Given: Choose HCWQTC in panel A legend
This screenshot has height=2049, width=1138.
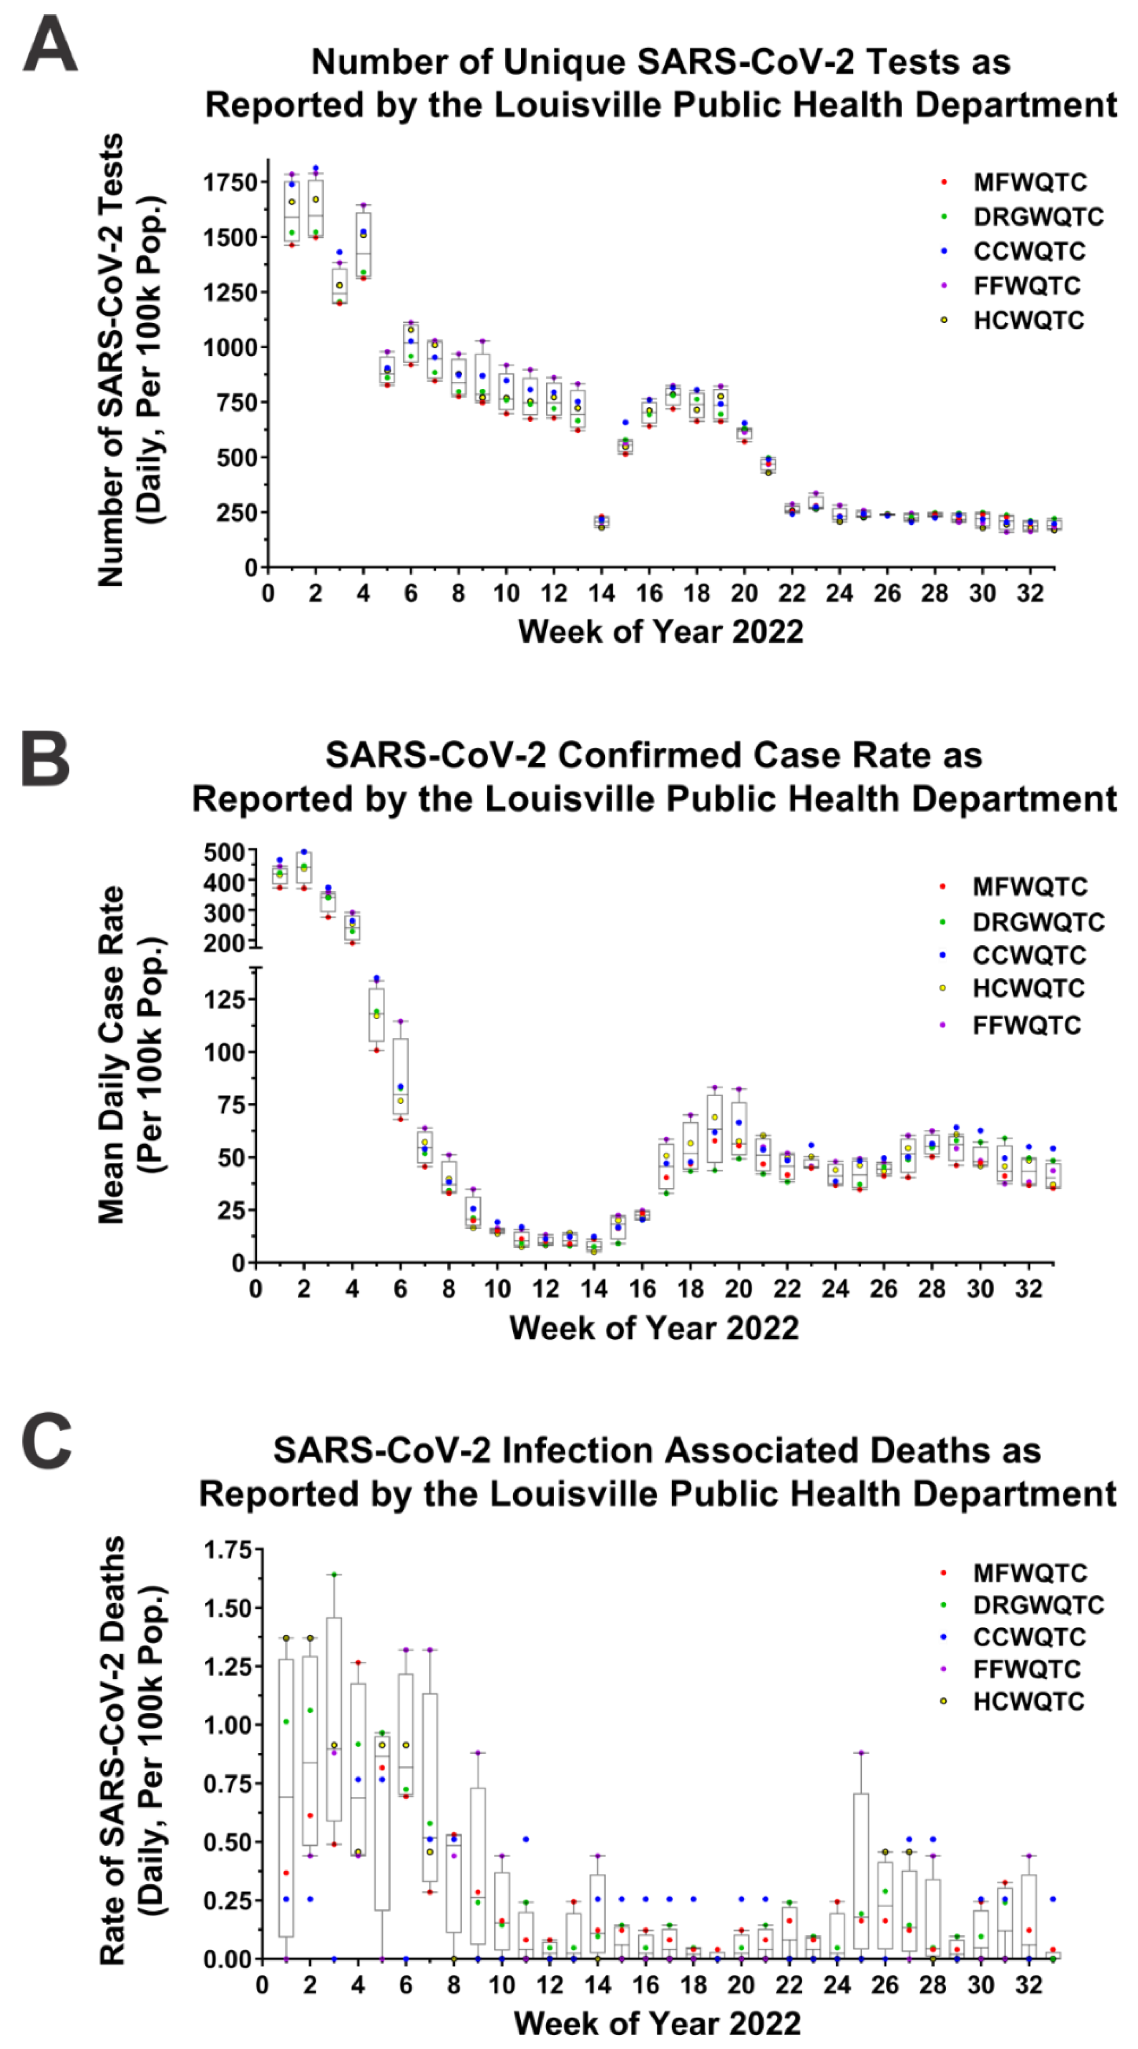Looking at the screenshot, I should [1028, 321].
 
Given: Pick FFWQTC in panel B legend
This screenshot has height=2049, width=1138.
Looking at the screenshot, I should [1026, 1025].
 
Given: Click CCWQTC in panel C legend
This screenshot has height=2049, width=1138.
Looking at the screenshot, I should [1028, 1637].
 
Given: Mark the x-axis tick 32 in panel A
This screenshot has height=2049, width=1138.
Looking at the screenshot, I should [1030, 594].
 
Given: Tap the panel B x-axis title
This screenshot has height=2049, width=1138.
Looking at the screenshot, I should [653, 1328].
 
